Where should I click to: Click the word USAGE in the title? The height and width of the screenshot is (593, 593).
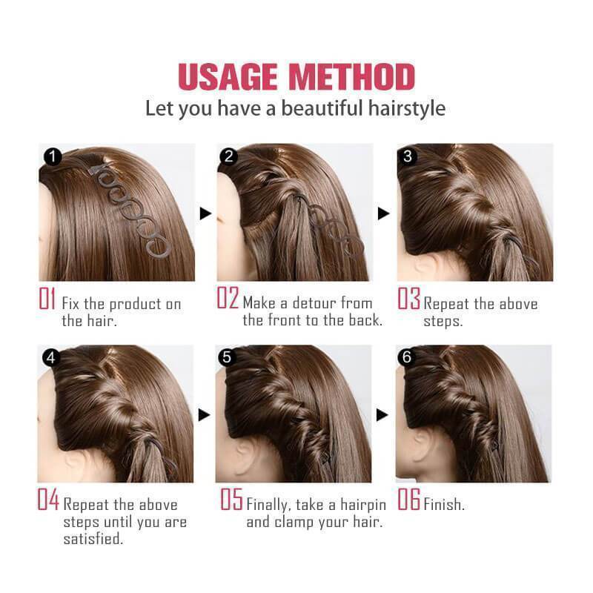(x=228, y=77)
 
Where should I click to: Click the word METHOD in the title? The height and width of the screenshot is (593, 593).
(x=351, y=77)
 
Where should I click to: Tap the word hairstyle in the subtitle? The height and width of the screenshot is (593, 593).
(x=407, y=108)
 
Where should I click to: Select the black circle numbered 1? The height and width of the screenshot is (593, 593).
(x=53, y=156)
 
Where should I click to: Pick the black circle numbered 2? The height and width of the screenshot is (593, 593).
(x=228, y=156)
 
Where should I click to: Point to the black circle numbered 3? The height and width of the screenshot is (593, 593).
(x=407, y=156)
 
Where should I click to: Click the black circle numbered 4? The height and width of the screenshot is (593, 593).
(x=51, y=357)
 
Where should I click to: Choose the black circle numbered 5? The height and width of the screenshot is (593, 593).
(x=227, y=357)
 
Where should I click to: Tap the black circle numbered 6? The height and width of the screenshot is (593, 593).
(x=406, y=357)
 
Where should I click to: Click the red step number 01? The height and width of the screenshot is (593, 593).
(x=47, y=298)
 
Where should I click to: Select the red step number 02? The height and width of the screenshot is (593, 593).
(x=228, y=298)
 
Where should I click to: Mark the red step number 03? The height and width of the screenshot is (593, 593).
(x=408, y=298)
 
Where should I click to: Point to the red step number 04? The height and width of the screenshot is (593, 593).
(x=48, y=499)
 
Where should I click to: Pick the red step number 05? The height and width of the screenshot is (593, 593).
(x=231, y=499)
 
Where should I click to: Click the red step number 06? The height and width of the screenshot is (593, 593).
(x=409, y=499)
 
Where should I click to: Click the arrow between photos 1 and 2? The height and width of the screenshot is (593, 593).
(x=205, y=213)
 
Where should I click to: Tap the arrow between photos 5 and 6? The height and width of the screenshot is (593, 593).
(x=382, y=415)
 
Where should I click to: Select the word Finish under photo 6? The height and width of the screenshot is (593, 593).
(x=443, y=504)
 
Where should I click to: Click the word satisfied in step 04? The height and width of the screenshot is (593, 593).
(x=93, y=538)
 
